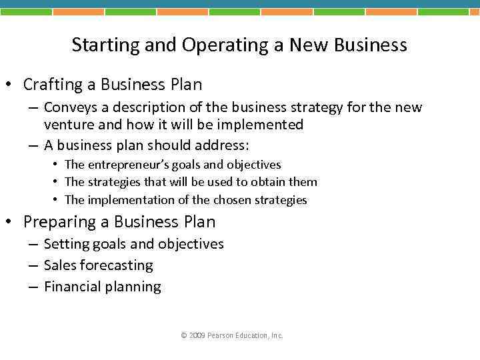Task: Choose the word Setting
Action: tap(65, 244)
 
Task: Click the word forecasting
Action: tap(116, 265)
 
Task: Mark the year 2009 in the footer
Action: tap(197, 335)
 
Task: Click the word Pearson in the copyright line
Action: tap(221, 335)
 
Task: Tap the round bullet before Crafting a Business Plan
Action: tap(10, 85)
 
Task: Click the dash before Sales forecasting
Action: tap(33, 265)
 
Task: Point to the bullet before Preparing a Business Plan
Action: tap(10, 222)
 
